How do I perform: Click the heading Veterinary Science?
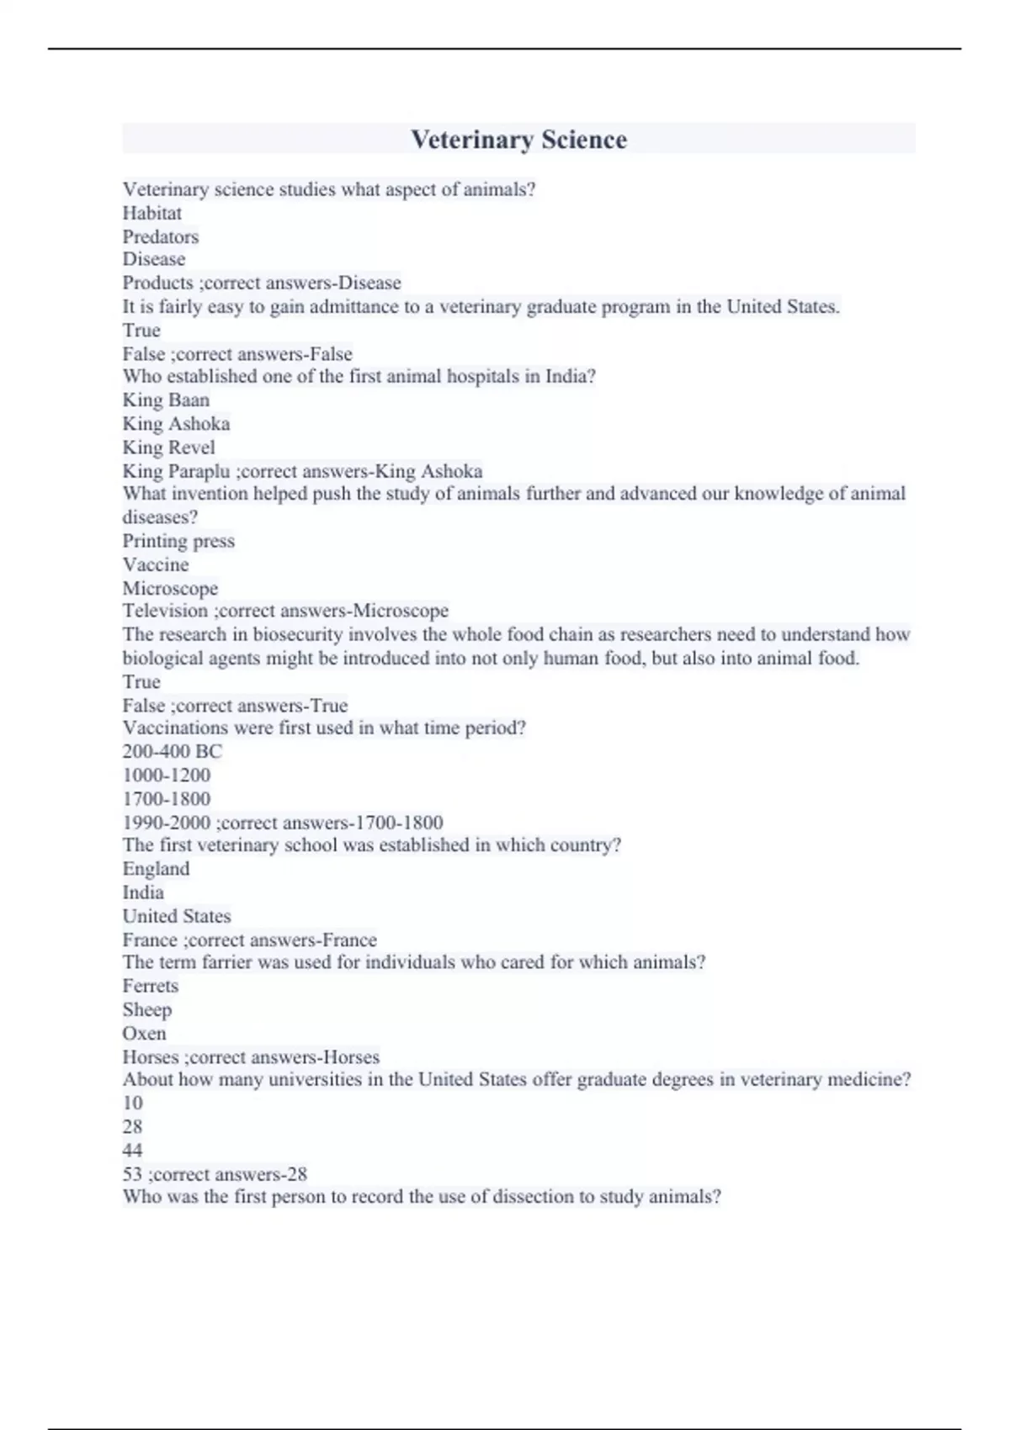[x=518, y=140]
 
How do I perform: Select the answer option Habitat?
[x=152, y=214]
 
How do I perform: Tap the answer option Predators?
[x=161, y=237]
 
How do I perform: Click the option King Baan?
[x=166, y=400]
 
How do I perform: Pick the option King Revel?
[x=168, y=448]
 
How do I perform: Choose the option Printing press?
[x=178, y=541]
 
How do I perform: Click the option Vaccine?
[x=156, y=564]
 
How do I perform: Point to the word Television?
[x=165, y=611]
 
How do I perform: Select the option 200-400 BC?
[x=173, y=751]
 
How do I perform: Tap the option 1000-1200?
[x=167, y=775]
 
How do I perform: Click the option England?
[x=156, y=869]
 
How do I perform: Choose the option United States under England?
[x=177, y=916]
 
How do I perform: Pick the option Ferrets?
[x=151, y=986]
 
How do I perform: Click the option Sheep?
[x=147, y=1009]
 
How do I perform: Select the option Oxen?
[x=145, y=1033]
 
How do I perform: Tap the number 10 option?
[x=133, y=1103]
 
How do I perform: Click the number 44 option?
[x=133, y=1150]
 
